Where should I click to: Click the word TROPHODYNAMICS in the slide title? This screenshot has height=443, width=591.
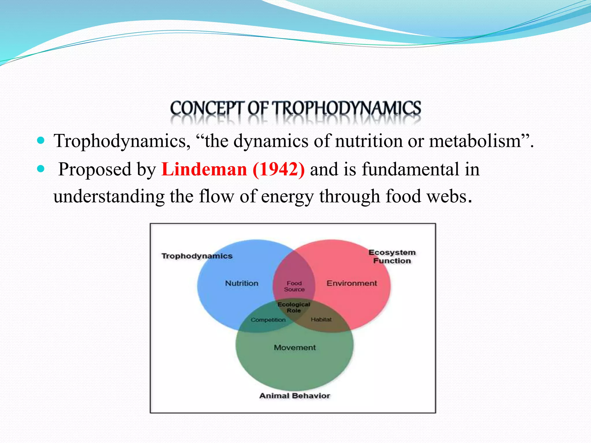click(347, 109)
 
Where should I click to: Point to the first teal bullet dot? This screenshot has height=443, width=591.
click(41, 141)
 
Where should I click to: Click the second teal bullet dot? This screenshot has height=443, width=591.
click(41, 169)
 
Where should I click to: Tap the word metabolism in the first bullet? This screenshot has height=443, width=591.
click(475, 141)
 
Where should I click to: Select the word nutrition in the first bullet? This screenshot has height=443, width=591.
click(369, 141)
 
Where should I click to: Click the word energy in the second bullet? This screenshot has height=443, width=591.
click(287, 197)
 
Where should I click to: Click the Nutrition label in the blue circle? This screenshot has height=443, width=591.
click(242, 283)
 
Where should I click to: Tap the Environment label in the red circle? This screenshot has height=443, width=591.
click(351, 283)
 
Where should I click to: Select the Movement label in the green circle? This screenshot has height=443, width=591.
click(295, 348)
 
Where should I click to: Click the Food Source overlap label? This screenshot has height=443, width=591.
click(294, 286)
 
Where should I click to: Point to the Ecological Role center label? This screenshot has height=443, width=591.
click(294, 307)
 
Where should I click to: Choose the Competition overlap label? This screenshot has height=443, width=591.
click(268, 320)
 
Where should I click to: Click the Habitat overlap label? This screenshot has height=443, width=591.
click(321, 320)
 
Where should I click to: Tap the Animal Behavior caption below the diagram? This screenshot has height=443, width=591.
click(294, 396)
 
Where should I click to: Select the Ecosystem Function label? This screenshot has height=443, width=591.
click(392, 256)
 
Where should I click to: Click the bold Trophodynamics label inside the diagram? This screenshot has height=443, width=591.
click(197, 256)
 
